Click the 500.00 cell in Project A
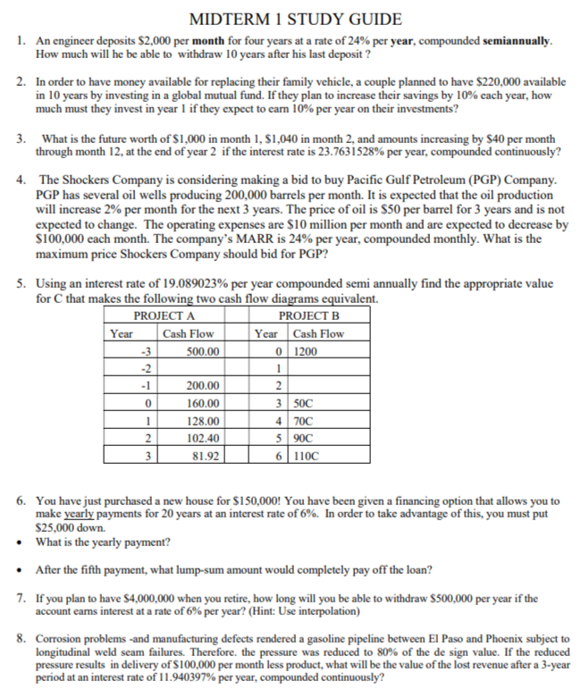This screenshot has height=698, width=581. (x=204, y=351)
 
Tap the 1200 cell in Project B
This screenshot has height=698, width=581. (x=306, y=351)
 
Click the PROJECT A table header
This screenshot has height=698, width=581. (x=164, y=316)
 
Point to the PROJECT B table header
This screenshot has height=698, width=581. (x=309, y=316)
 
